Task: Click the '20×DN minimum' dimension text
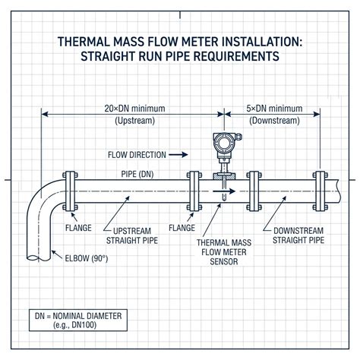coord(134,109)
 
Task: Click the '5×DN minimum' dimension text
coord(274,109)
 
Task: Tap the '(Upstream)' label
coord(134,121)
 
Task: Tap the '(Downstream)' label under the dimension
coord(274,121)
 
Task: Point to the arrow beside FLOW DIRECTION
coord(178,155)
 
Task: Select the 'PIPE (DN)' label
coord(137,174)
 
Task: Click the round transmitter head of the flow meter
coord(224,144)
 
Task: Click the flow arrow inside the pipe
coord(224,191)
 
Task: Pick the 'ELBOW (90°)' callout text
coord(87,258)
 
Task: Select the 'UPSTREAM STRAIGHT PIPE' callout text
coord(132,235)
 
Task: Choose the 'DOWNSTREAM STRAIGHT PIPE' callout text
coord(298,235)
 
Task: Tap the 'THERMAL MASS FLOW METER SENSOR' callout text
coord(224,252)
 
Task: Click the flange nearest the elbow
coord(70,191)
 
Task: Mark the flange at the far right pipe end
coord(321,191)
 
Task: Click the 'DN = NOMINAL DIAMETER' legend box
coord(78,321)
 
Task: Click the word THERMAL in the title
coord(84,42)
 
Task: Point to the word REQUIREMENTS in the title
coord(236,56)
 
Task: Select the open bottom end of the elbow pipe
coord(39,258)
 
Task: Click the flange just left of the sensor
coord(194,191)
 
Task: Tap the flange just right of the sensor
coord(254,191)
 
